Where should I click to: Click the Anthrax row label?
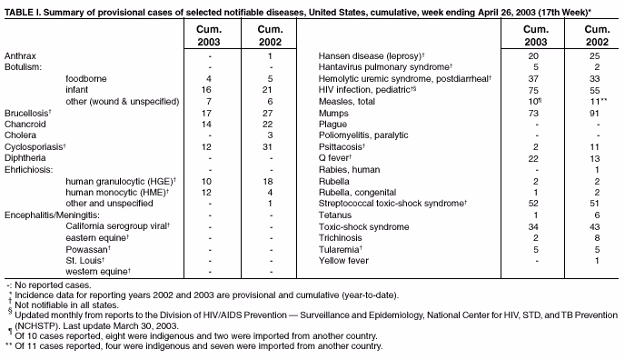(21, 56)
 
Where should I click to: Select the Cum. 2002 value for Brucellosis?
(271, 113)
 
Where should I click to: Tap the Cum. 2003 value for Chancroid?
(209, 124)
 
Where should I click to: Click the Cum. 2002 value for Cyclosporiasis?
(271, 146)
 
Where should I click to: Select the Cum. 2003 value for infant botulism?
(209, 90)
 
